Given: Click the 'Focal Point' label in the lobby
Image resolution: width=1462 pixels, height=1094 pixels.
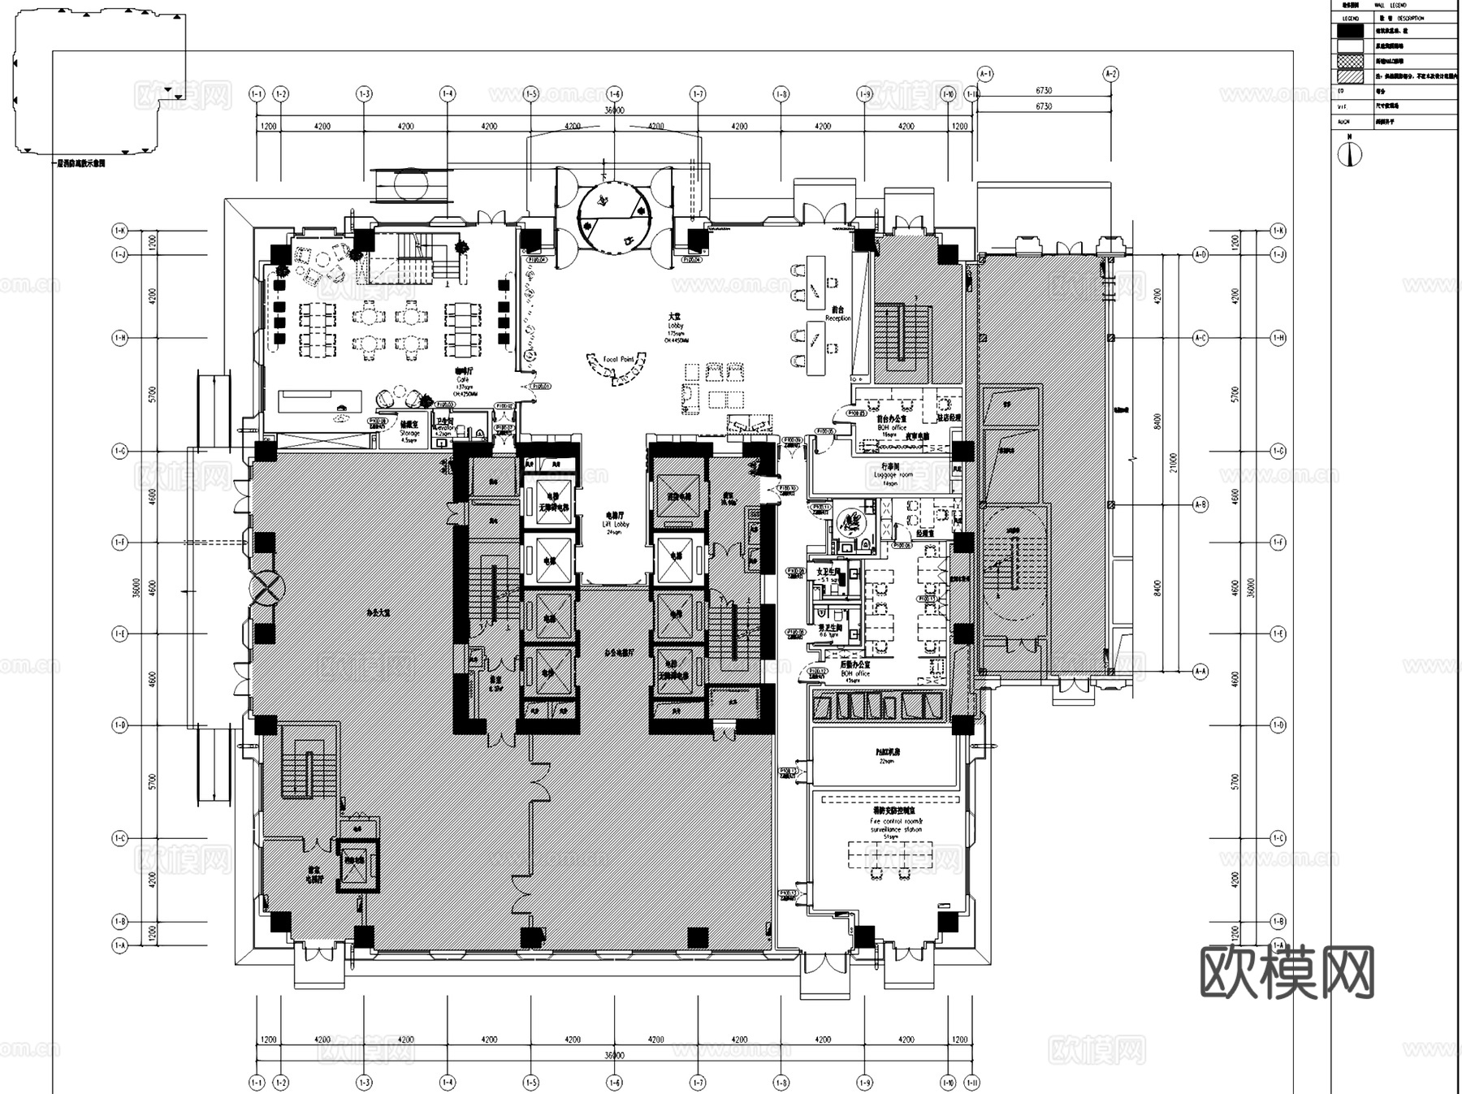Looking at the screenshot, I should click(618, 359).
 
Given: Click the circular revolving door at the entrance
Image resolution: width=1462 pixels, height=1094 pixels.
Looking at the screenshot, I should click(614, 212).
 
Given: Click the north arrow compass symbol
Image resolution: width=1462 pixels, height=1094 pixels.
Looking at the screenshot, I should click(1350, 154).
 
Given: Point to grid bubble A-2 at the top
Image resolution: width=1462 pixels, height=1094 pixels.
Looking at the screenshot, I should click(1110, 74).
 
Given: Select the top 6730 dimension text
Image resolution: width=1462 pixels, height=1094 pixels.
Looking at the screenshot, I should click(1044, 91).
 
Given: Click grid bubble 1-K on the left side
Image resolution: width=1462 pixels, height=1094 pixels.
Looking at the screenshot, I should click(119, 231).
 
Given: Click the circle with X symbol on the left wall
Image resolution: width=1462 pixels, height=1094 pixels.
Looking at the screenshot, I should click(267, 586).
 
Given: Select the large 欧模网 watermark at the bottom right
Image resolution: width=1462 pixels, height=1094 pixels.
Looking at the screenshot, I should click(1287, 972).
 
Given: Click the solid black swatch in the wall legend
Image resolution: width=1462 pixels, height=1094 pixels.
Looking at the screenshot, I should click(1350, 32).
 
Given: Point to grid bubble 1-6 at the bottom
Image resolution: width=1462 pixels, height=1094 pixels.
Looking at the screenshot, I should click(614, 1082).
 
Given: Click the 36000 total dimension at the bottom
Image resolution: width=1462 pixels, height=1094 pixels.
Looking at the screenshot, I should click(614, 1055).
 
